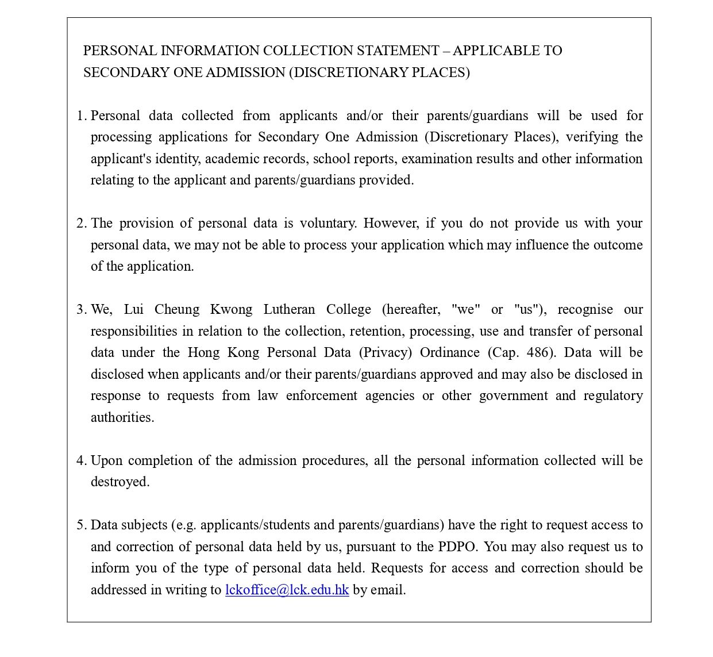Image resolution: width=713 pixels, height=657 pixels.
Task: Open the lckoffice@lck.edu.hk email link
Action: pos(287,590)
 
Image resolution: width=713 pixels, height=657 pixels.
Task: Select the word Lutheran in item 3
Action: pos(289,309)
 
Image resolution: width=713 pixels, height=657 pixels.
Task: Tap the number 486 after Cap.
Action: pos(537,352)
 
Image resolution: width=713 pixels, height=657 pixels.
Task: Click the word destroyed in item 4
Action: pos(120,482)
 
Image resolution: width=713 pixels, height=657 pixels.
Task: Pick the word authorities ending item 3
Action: pos(122,417)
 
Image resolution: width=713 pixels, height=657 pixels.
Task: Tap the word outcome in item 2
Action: pos(618,245)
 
